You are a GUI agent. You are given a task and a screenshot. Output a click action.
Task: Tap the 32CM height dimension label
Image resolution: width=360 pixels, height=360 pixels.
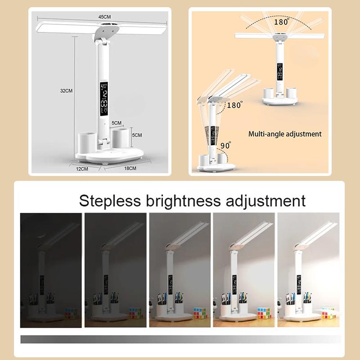(67, 90)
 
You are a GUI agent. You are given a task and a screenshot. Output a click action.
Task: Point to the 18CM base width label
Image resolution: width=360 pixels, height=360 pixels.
(130, 168)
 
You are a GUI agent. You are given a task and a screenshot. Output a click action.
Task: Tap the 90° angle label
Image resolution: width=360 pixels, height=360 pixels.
(225, 145)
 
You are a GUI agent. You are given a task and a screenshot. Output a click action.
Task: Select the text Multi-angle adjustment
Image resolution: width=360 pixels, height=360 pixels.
(285, 134)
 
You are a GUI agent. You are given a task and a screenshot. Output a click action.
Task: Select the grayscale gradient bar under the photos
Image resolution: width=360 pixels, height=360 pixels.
(180, 339)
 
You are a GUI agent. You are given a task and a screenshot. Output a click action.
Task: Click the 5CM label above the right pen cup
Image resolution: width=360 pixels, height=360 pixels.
(117, 122)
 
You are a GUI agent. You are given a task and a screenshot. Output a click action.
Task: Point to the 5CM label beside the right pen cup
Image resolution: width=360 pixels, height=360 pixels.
(136, 135)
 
